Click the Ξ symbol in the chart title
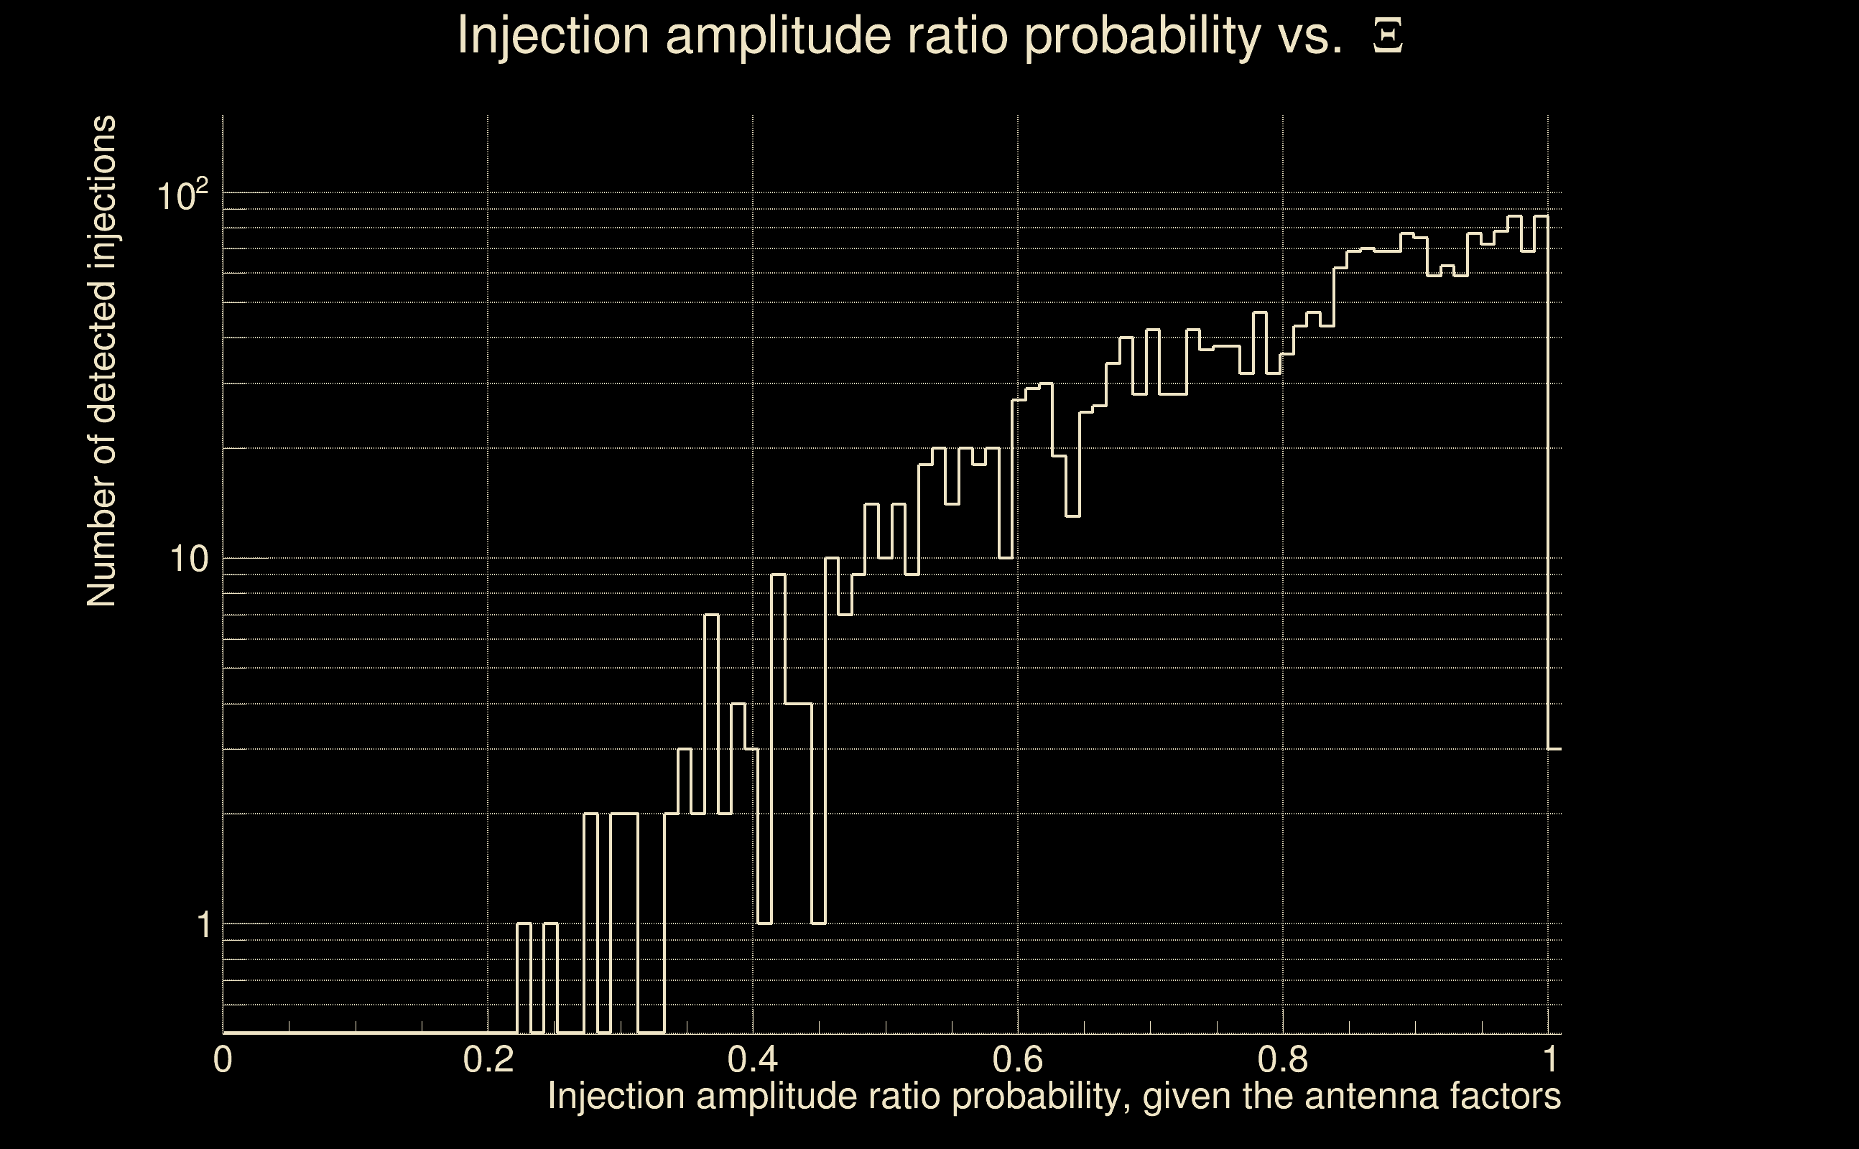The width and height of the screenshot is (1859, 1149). tap(1388, 36)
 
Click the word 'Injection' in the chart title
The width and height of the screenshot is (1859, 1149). tap(553, 36)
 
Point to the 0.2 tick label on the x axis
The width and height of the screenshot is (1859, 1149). tap(488, 1059)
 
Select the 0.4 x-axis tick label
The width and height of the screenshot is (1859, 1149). tap(752, 1059)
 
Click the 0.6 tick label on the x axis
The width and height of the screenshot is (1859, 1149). tap(1018, 1059)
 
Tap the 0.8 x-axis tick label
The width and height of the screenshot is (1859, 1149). tap(1283, 1059)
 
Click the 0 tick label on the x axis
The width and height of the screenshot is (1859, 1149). tap(223, 1059)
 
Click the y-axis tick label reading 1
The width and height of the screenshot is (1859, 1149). tap(203, 926)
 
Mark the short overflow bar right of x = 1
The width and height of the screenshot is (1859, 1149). tap(1555, 889)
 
